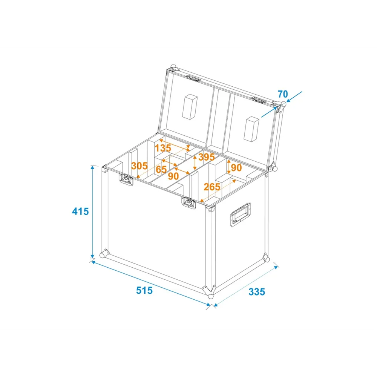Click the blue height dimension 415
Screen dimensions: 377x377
(81, 211)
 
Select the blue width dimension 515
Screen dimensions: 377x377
(144, 290)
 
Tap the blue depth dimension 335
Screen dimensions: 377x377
(257, 292)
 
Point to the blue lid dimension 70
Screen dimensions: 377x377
(283, 94)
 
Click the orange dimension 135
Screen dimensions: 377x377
(163, 148)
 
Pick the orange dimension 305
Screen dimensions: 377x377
(139, 166)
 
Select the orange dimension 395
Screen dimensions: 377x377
(207, 157)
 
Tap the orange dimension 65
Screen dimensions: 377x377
(161, 170)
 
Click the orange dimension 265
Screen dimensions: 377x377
(212, 187)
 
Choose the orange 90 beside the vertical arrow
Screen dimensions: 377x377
(236, 168)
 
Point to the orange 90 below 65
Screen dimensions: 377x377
(173, 176)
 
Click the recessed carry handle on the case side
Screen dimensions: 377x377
(240, 215)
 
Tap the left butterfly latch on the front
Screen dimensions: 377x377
(126, 179)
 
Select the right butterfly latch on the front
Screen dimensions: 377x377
(189, 203)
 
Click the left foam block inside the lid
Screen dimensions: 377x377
(190, 107)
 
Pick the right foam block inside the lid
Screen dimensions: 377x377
(251, 129)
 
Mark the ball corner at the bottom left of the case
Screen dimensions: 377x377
(104, 254)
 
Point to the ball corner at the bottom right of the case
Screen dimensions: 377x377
(266, 258)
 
